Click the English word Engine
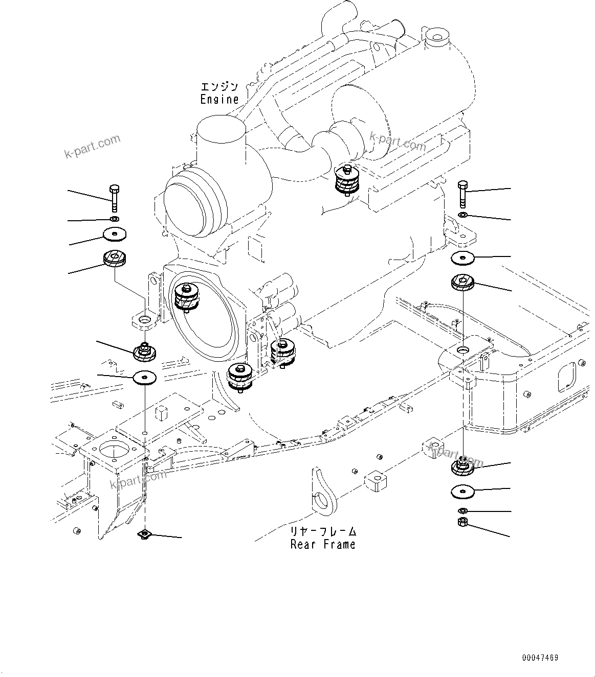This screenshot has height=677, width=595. click(x=219, y=99)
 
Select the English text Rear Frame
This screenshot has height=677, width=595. click(x=323, y=544)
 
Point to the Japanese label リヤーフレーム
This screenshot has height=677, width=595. click(x=323, y=531)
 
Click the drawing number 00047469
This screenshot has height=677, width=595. click(x=540, y=658)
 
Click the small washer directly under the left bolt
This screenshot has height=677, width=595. click(x=115, y=219)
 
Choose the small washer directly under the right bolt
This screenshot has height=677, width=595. click(x=462, y=215)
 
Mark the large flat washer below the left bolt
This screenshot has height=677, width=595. click(x=115, y=234)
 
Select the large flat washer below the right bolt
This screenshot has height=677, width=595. click(x=463, y=258)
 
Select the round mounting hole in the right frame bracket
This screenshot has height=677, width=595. click(x=462, y=350)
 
